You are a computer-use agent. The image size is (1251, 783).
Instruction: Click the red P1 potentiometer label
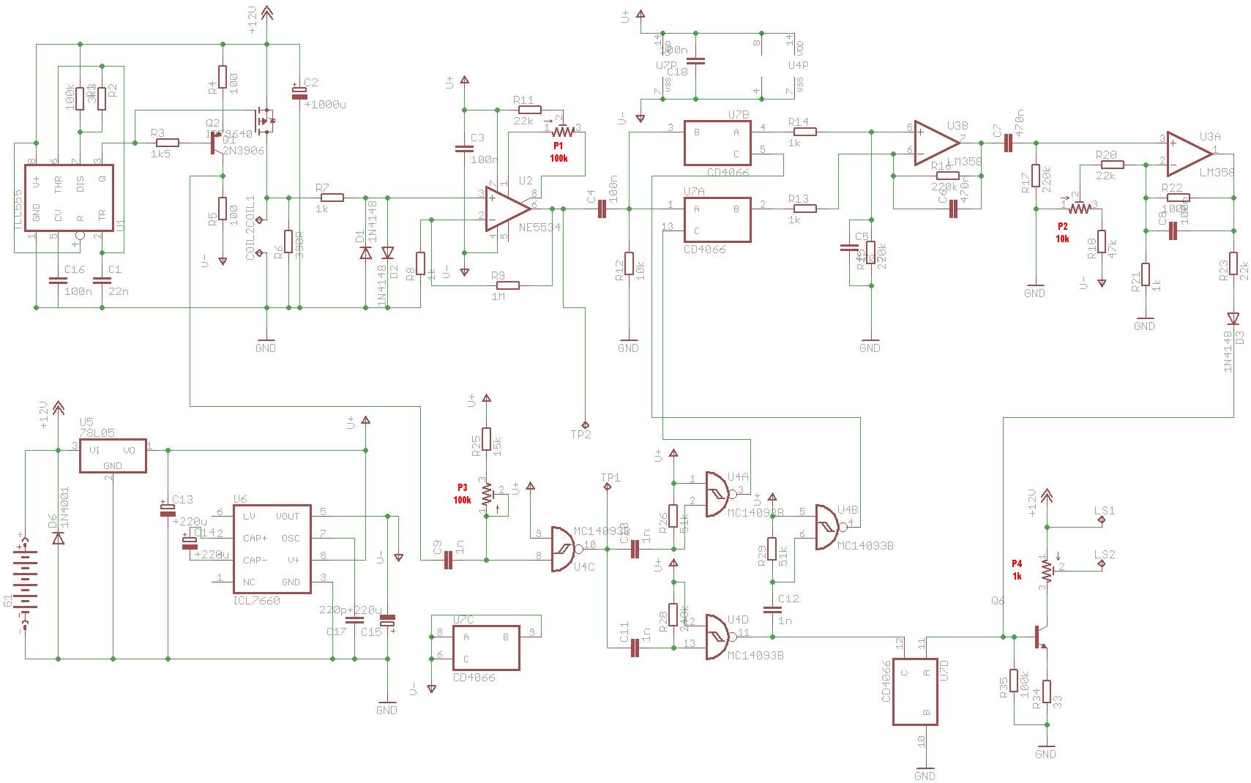click(559, 146)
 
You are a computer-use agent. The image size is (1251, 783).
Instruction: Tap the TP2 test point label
click(580, 434)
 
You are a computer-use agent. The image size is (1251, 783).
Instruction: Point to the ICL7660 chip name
click(256, 601)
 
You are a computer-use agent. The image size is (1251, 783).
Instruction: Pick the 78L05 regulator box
click(113, 457)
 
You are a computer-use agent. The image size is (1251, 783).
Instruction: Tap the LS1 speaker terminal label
click(1105, 511)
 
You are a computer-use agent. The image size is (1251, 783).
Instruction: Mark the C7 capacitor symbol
click(1008, 143)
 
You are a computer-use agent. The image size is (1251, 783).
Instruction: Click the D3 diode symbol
click(1233, 318)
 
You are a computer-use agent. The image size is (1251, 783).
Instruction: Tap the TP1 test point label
click(610, 478)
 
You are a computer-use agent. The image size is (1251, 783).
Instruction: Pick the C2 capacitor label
click(310, 83)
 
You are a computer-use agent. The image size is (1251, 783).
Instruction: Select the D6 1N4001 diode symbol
click(58, 539)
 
